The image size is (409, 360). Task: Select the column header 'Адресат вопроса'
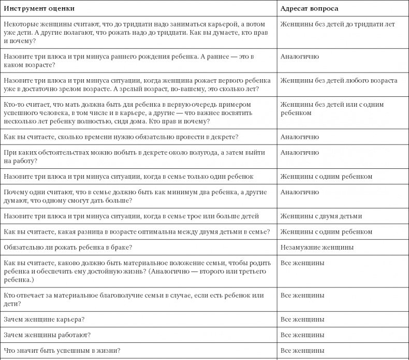pos(309,9)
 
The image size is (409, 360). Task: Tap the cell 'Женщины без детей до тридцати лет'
pos(337,24)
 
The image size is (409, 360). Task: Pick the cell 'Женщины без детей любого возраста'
pos(339,81)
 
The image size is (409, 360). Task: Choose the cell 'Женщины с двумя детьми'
pos(321,216)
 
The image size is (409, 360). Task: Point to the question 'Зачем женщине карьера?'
pos(44,319)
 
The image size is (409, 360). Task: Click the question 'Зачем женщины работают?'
pos(47,335)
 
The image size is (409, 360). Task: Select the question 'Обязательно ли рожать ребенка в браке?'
pos(68,248)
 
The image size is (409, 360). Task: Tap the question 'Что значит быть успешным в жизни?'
pos(62,351)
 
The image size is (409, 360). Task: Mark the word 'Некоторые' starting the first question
pos(20,24)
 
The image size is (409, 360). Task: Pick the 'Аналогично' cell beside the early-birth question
pos(299,56)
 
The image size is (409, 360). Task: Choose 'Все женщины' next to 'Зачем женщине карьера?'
pos(302,319)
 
